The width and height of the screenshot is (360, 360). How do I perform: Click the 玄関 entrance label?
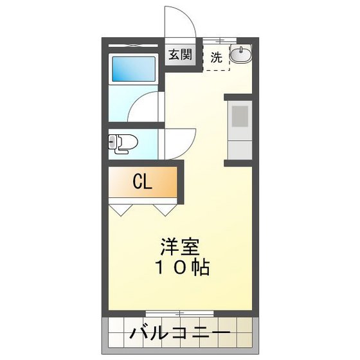pos(181,55)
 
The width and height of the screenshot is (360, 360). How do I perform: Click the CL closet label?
pos(142,182)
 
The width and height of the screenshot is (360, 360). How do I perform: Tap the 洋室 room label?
pos(181,246)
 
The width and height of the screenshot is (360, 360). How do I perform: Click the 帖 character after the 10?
pos(201,267)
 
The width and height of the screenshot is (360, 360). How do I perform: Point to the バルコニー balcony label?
pos(181,334)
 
